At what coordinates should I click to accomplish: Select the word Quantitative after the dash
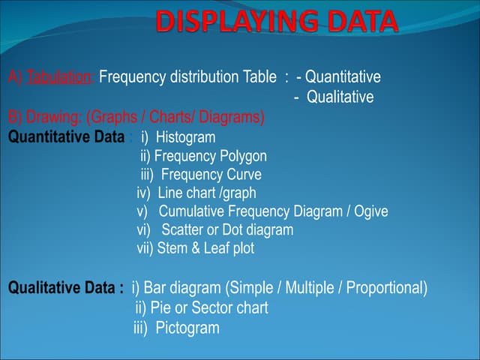point(343,77)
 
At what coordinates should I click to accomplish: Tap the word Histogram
point(185,137)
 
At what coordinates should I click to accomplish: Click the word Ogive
point(370,211)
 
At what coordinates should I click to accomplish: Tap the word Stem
point(172,248)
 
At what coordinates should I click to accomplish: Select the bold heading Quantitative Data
point(67,137)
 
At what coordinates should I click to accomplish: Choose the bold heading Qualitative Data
point(65,288)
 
